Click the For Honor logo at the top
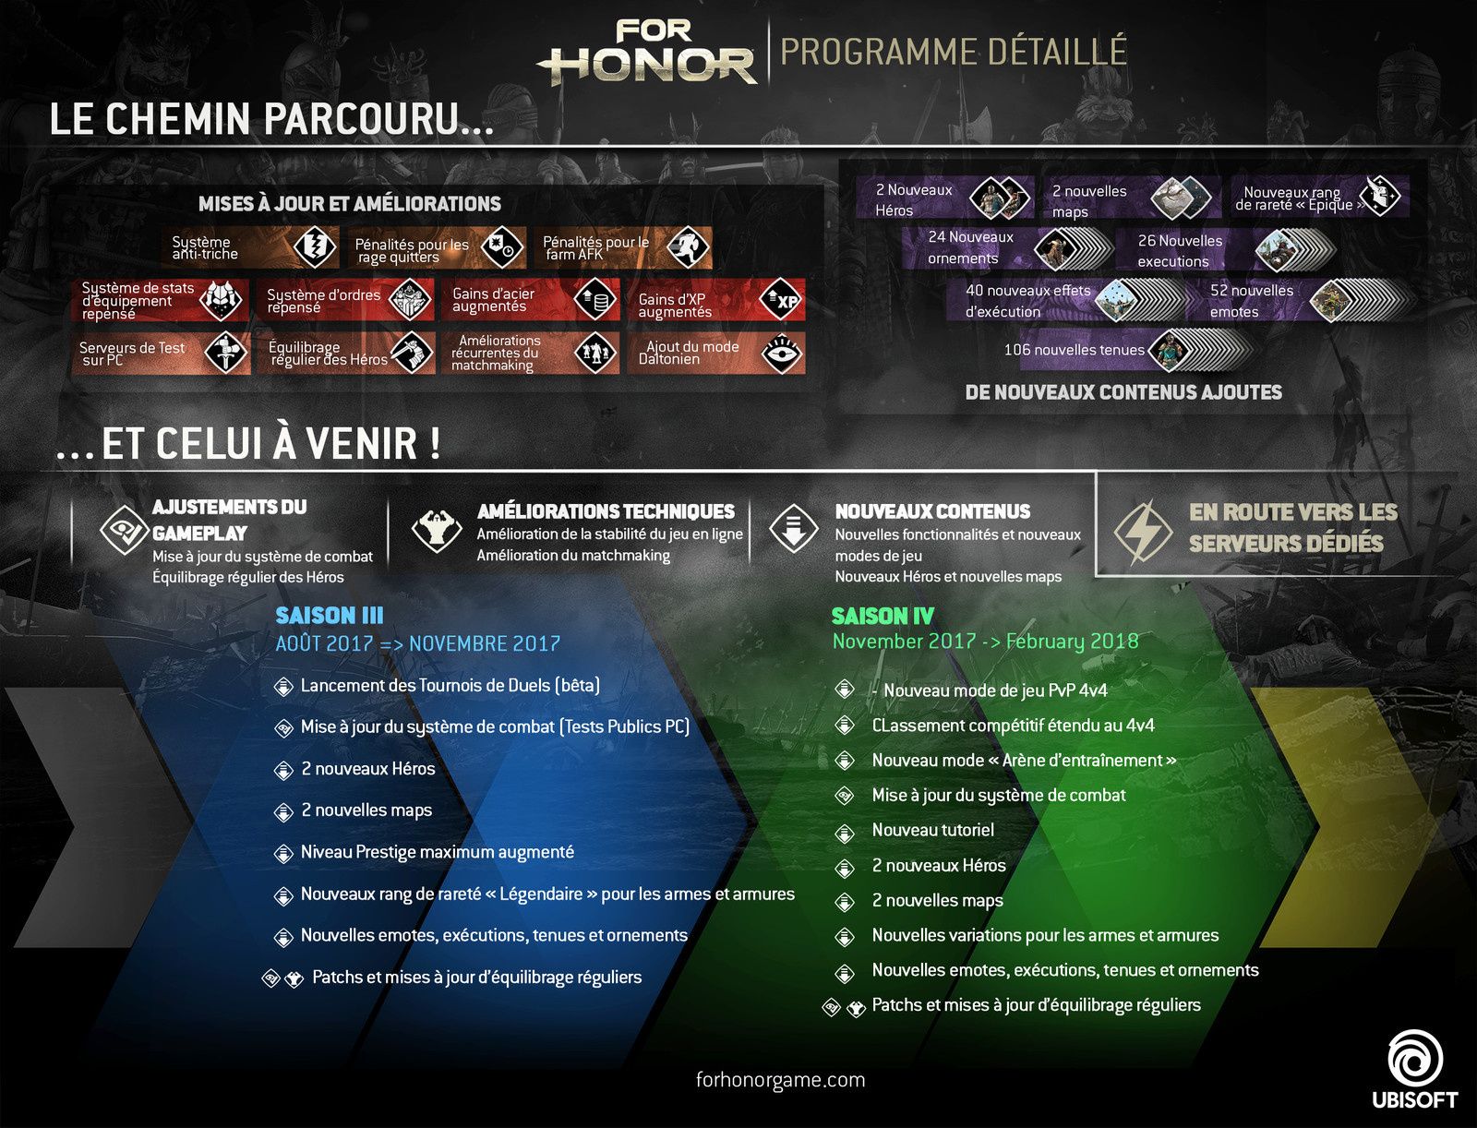tap(647, 53)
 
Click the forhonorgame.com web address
tap(780, 1080)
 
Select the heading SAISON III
tap(329, 616)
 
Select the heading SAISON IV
tap(883, 616)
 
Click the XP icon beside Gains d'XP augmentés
tap(782, 300)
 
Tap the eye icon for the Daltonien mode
tap(782, 354)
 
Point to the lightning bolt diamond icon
tap(1143, 533)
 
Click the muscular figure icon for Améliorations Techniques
tap(437, 530)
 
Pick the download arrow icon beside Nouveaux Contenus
tap(794, 529)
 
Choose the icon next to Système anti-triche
tap(314, 246)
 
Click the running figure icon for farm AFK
tap(688, 246)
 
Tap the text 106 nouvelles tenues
tap(1074, 350)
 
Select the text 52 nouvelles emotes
tap(1251, 301)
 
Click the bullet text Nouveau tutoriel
tap(932, 830)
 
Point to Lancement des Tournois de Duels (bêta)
tap(450, 686)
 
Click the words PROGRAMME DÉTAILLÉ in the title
tap(953, 52)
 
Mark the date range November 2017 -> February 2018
tap(985, 642)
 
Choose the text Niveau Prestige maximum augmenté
tap(438, 852)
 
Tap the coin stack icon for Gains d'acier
tap(595, 300)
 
